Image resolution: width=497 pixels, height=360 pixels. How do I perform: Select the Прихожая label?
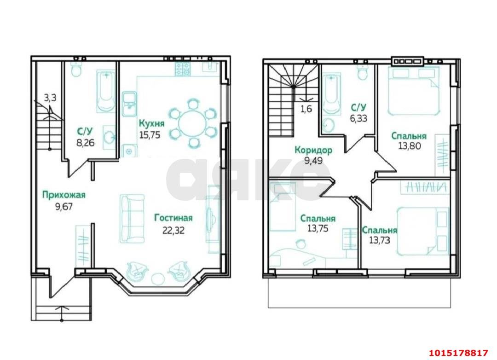pos(64,195)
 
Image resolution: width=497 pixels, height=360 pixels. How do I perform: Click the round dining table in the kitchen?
pos(192,123)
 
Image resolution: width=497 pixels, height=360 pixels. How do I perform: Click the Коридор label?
pos(313,150)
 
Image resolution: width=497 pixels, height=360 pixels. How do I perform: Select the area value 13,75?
pos(318,229)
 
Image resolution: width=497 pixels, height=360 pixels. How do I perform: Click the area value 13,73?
pos(380,239)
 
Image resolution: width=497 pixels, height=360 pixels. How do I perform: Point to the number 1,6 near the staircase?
pos(306,109)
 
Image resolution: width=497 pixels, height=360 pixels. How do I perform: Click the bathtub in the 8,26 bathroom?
pos(106,90)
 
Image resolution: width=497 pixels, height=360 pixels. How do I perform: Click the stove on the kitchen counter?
pos(183,69)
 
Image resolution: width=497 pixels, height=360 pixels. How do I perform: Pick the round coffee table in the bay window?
pos(158,279)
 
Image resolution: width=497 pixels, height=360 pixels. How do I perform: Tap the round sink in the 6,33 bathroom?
pos(329,125)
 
